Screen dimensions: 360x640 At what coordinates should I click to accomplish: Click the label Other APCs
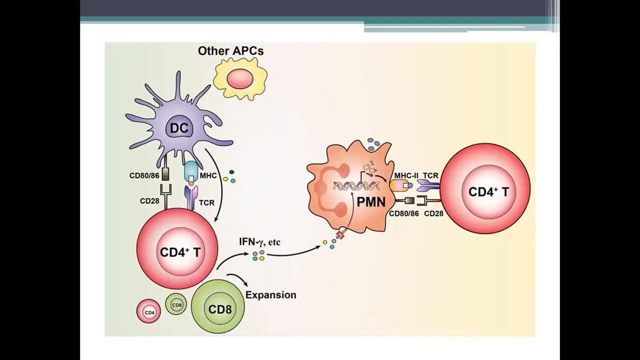point(230,51)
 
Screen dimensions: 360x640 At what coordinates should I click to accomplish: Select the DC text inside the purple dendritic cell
point(178,128)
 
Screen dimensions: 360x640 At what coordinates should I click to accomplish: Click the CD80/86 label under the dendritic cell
point(144,175)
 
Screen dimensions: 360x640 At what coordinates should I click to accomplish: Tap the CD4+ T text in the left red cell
point(179,252)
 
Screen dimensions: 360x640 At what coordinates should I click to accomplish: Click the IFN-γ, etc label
point(260,242)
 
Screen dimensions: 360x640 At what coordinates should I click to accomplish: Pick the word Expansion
point(270,295)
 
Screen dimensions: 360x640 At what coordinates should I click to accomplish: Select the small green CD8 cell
point(176,305)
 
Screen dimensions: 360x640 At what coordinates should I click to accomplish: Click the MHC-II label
point(405,175)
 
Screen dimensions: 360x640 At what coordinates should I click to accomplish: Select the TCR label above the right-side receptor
point(430,175)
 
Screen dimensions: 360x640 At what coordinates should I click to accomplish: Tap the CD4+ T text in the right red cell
point(488,191)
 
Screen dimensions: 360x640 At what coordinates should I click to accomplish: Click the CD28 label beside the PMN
point(433,213)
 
